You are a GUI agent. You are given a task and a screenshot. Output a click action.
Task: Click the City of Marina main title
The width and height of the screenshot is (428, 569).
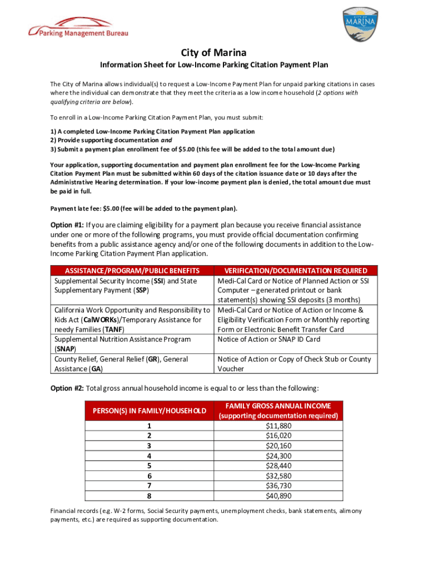[x=213, y=53]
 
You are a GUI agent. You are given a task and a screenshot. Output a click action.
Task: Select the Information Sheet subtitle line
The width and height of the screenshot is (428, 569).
[x=213, y=65]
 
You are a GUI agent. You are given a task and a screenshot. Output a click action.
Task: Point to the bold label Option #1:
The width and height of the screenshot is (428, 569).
[x=67, y=225]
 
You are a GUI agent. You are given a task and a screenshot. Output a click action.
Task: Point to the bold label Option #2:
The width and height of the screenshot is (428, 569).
[x=67, y=388]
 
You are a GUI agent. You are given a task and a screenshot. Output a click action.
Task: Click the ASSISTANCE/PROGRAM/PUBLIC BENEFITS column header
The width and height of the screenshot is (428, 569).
[x=132, y=271]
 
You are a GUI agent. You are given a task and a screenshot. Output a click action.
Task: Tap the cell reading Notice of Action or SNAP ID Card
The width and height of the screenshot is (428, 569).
[x=269, y=339]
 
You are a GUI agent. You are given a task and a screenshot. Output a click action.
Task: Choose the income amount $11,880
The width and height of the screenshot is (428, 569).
[x=278, y=426]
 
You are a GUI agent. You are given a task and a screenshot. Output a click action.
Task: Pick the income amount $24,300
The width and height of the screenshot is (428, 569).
[x=278, y=456]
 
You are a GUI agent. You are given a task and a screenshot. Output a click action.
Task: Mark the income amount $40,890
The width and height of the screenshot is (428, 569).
[x=278, y=496]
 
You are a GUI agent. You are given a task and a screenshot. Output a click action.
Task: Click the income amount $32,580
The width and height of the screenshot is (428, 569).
[x=278, y=476]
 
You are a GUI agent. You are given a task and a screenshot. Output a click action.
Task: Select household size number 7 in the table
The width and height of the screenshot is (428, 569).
[x=149, y=486]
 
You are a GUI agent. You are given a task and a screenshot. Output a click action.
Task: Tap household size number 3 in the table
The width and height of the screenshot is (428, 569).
[x=149, y=446]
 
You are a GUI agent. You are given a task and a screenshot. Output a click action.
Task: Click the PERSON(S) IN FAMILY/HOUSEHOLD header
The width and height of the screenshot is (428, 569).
[x=149, y=411]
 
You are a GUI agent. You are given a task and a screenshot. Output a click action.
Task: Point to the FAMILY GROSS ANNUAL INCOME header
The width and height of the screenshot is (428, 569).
[x=278, y=406]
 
